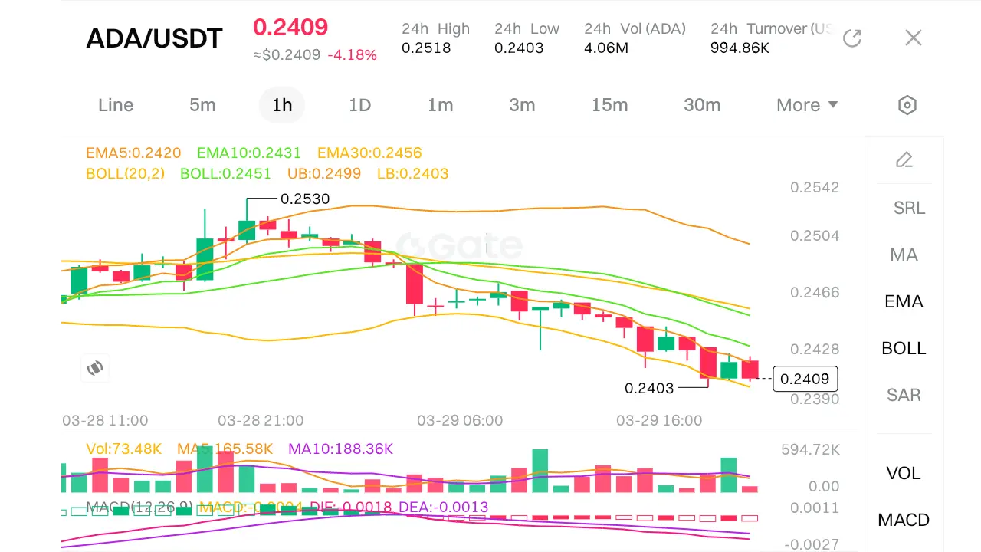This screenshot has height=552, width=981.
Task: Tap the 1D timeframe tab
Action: pos(359,105)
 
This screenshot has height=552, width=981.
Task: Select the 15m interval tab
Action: pos(609,105)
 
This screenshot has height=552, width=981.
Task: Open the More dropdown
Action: pos(806,105)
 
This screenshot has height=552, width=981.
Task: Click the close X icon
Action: pos(913,38)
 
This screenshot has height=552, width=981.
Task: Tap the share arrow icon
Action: pos(852,38)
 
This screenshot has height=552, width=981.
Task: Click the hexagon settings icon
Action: pos(907,105)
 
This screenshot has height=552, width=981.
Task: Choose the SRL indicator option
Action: pos(909,208)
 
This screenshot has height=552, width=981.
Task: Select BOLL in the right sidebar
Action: pos(904,348)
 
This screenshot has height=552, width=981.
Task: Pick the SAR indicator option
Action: pos(904,395)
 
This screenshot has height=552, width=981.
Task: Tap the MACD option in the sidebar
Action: pos(904,520)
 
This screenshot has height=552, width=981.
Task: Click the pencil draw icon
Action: pos(904,159)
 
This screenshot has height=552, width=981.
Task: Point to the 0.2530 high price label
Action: pos(305,199)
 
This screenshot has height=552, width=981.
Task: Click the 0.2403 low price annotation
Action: pos(649,388)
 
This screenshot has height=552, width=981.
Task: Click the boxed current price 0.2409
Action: pos(805,379)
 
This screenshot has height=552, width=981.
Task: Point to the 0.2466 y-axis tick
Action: pos(815,292)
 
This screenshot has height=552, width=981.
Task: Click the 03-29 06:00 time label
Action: pos(460,420)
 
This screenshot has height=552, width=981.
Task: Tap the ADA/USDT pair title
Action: pos(154,38)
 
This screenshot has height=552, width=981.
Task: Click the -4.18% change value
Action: pos(352,55)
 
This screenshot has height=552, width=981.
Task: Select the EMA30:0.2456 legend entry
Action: pos(369,153)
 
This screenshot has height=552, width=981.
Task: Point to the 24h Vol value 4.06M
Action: pos(606,48)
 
